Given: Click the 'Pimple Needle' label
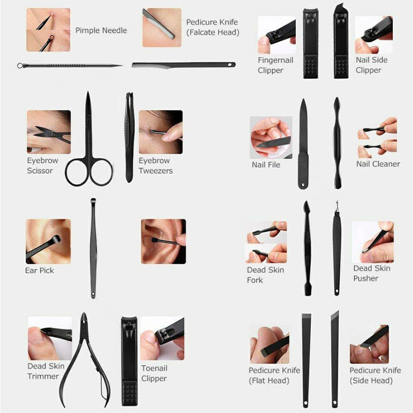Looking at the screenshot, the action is pyautogui.click(x=101, y=30).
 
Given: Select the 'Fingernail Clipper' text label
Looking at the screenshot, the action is pyautogui.click(x=275, y=65).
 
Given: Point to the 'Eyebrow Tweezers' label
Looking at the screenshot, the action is pyautogui.click(x=156, y=166).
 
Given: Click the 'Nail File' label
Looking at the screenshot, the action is pyautogui.click(x=266, y=165).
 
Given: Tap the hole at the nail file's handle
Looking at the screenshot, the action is pyautogui.click(x=303, y=185).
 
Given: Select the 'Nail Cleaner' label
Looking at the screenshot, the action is pyautogui.click(x=378, y=164).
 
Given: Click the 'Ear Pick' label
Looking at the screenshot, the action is pyautogui.click(x=40, y=271).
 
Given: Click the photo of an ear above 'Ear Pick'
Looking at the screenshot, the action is pyautogui.click(x=49, y=241).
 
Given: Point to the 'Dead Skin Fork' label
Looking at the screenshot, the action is pyautogui.click(x=265, y=275).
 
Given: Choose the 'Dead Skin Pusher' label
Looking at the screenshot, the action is pyautogui.click(x=372, y=274).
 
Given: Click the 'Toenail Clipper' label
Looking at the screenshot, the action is pyautogui.click(x=154, y=373).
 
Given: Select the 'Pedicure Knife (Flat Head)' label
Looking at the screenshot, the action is pyautogui.click(x=275, y=375).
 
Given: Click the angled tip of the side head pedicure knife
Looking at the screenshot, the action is pyautogui.click(x=338, y=312).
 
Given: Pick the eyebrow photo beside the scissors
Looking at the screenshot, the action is pyautogui.click(x=49, y=132).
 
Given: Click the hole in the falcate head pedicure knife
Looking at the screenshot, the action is pyautogui.click(x=230, y=64).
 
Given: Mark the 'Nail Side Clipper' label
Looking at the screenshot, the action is pyautogui.click(x=372, y=65).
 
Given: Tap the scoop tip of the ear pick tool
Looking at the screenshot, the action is pyautogui.click(x=93, y=201).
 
